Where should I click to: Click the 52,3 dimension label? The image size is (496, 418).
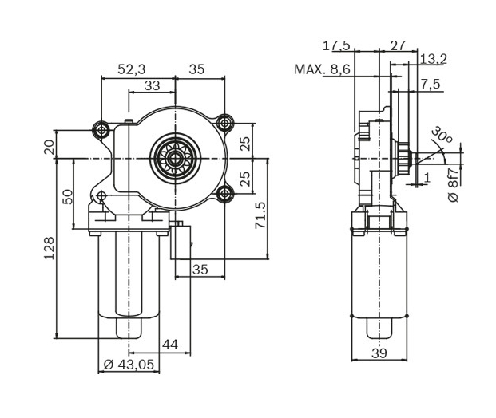click(131, 69)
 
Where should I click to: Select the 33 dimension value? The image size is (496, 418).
click(152, 85)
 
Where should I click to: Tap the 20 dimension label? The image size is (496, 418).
click(49, 147)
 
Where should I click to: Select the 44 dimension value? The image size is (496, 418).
click(169, 345)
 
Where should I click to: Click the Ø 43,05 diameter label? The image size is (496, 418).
click(128, 365)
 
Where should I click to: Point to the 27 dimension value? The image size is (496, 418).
click(399, 45)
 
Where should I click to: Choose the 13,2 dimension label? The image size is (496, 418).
click(432, 58)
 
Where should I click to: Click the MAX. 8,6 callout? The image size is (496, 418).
click(322, 69)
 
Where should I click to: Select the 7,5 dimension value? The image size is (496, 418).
click(431, 85)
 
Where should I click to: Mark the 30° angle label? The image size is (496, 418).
click(441, 136)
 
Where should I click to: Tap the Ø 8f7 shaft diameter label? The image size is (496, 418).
click(453, 185)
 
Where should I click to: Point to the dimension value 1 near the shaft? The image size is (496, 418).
click(427, 177)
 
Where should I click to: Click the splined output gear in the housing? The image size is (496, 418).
click(173, 158)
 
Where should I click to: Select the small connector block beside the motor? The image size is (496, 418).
click(181, 241)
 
